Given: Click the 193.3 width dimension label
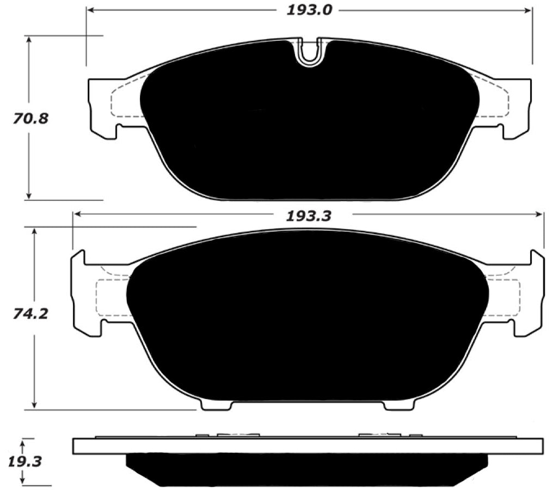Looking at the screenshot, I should (x=309, y=216).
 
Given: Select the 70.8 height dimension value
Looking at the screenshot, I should (x=30, y=118).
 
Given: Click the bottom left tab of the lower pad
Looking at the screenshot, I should (x=216, y=405).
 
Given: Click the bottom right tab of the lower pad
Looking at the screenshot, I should (x=399, y=405).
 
